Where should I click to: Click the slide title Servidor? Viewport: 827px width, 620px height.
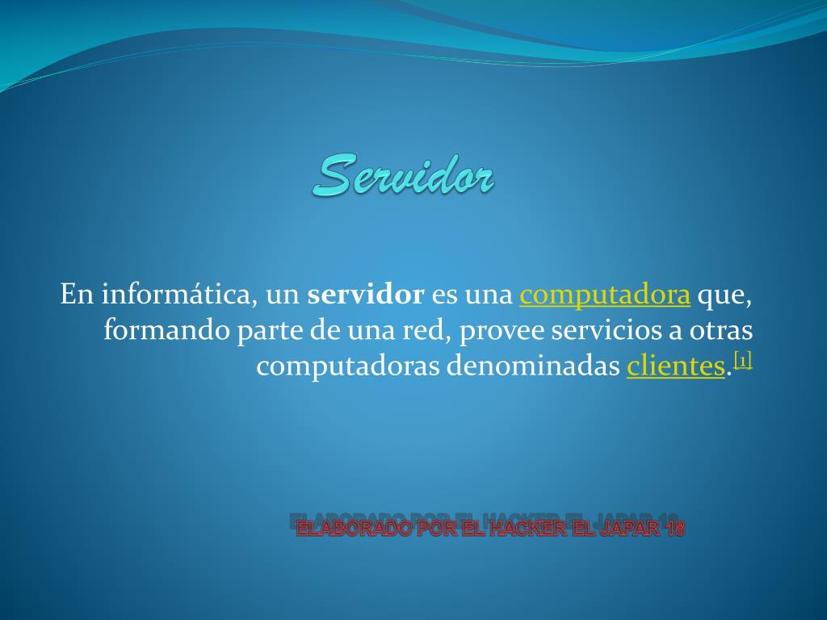pyautogui.click(x=404, y=175)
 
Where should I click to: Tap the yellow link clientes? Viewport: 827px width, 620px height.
pyautogui.click(x=676, y=366)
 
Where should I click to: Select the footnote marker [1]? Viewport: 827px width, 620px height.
pyautogui.click(x=743, y=361)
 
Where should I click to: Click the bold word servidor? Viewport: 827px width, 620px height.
pyautogui.click(x=366, y=294)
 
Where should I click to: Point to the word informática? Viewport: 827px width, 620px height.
pyautogui.click(x=176, y=294)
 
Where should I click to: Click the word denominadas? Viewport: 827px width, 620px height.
pyautogui.click(x=533, y=366)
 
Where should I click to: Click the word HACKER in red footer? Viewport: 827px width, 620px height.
pyautogui.click(x=528, y=528)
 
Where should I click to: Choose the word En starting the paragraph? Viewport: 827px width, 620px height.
pyautogui.click(x=77, y=294)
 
